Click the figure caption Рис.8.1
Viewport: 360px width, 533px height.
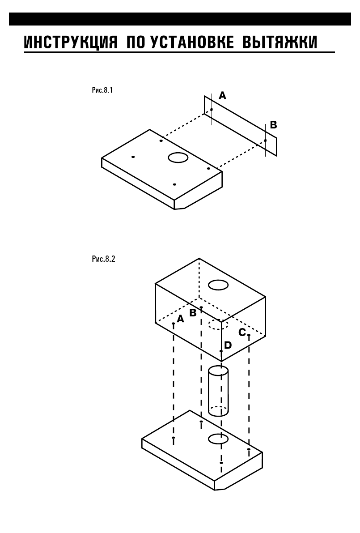[102, 90]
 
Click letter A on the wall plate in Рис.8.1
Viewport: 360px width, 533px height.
[222, 95]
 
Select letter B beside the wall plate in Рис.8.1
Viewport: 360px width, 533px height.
[273, 125]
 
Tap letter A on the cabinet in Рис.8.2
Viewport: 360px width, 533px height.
[181, 319]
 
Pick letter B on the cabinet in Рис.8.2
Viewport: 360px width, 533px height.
[193, 313]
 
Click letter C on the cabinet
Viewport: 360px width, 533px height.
[241, 332]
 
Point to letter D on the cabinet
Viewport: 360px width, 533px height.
[228, 345]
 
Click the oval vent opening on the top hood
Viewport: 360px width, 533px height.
[178, 158]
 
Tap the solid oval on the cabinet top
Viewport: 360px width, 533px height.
[219, 285]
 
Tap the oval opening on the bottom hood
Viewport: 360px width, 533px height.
[219, 439]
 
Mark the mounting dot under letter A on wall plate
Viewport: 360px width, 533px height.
[212, 109]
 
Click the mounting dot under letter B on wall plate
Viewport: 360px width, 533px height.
[265, 141]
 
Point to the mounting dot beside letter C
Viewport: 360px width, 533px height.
[249, 335]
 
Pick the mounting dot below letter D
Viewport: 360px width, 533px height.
[221, 351]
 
